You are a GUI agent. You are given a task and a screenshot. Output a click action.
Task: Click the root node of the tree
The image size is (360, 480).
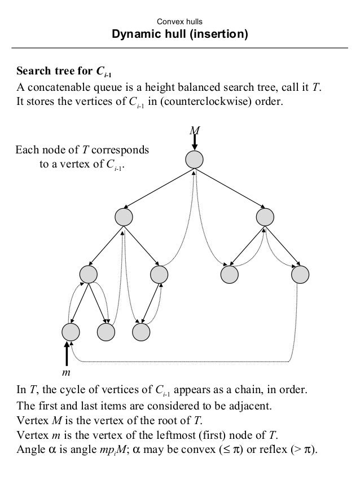(195, 159)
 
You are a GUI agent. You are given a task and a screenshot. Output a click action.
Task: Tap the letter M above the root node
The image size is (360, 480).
(195, 131)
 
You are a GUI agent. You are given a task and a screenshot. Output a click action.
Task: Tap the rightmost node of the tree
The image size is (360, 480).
(300, 274)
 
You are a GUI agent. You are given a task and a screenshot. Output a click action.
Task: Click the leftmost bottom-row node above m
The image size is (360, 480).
(71, 331)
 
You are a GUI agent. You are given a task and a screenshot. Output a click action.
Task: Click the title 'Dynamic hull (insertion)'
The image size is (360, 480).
(180, 35)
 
